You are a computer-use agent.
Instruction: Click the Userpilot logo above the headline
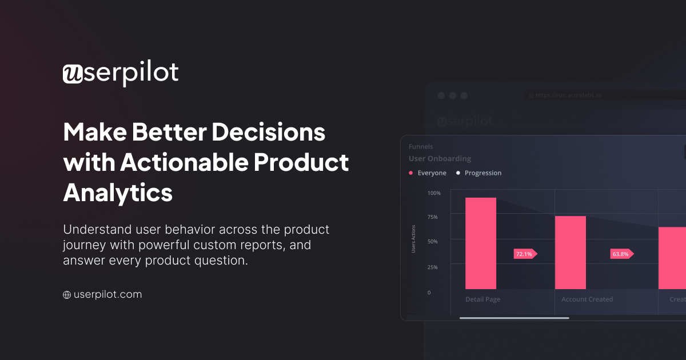tap(121, 74)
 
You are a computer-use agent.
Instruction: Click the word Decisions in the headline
tap(269, 133)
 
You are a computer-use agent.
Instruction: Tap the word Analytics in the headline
tap(118, 192)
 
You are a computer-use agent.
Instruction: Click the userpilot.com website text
tap(107, 295)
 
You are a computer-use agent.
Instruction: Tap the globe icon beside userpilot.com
tap(67, 295)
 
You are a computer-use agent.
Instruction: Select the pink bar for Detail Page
tap(481, 243)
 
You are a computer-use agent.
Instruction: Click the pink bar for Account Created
tap(571, 253)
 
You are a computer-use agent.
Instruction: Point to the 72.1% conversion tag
tap(525, 254)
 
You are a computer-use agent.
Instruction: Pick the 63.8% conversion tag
tap(621, 254)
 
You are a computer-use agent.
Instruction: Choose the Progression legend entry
tap(482, 173)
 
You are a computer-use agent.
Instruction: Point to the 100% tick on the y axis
tap(434, 193)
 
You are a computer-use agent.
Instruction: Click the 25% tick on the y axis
tap(433, 267)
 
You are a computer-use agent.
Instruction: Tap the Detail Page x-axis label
tap(482, 299)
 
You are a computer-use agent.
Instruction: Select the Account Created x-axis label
tap(587, 299)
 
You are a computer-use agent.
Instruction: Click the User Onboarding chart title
tap(440, 159)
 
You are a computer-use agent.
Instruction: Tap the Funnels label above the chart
tap(421, 147)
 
